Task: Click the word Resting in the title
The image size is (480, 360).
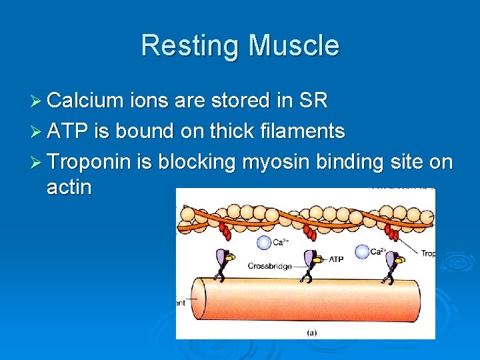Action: [190, 46]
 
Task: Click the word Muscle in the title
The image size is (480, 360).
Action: [293, 46]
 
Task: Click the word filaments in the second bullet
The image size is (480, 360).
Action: [299, 131]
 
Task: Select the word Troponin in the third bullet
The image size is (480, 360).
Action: [91, 162]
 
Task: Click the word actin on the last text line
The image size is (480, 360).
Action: [69, 187]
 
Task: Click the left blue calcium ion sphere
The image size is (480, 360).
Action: [265, 243]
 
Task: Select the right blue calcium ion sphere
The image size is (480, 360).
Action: [363, 251]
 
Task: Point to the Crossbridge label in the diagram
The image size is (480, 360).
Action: [270, 265]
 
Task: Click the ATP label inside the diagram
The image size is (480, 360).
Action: [336, 258]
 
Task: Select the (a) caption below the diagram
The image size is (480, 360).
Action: [311, 331]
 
